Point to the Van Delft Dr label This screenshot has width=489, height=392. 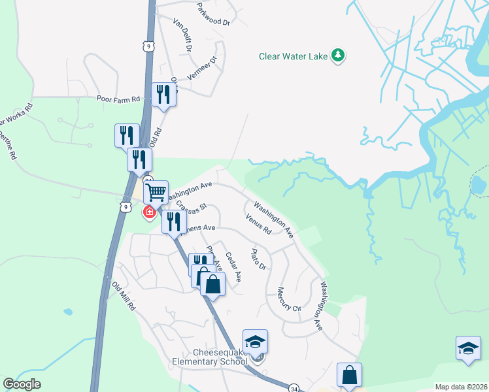182,35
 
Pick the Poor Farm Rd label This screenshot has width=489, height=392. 118,99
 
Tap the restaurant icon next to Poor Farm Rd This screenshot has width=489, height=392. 163,95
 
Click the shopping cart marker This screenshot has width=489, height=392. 156,193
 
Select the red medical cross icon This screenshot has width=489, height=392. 149,212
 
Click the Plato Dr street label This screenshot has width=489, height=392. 259,259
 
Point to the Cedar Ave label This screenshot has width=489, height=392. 233,267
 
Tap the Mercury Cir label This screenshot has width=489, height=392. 288,299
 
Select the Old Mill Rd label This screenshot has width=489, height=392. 124,296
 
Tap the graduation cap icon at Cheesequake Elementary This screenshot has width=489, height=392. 255,342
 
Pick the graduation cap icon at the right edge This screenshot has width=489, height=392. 468,348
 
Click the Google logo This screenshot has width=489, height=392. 22,384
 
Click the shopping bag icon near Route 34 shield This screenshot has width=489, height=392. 349,375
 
